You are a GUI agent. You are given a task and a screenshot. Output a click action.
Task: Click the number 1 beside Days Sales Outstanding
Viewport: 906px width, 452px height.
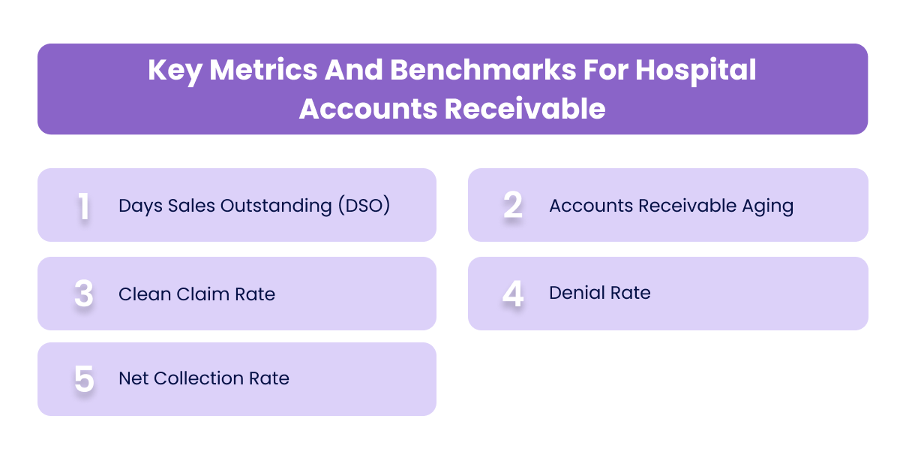click(84, 206)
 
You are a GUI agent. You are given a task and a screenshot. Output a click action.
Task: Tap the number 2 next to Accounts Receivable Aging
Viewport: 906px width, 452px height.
click(513, 205)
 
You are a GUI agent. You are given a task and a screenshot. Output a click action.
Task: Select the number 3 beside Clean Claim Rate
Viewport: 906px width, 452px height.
click(84, 294)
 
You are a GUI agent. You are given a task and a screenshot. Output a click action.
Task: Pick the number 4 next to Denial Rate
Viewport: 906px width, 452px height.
click(513, 293)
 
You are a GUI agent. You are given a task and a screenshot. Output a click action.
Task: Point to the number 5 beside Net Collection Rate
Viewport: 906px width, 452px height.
click(84, 379)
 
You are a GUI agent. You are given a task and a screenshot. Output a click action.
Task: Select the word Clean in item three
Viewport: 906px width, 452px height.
click(141, 294)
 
